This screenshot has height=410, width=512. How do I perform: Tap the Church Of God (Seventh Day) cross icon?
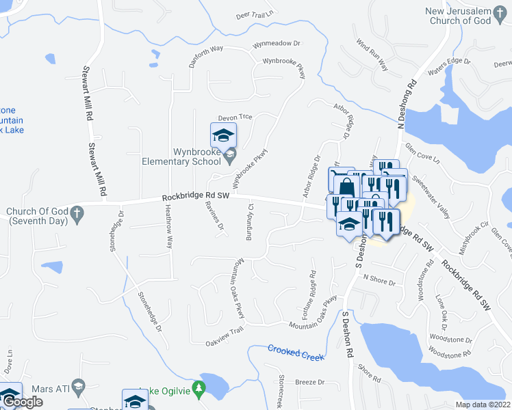pyautogui.click(x=79, y=212)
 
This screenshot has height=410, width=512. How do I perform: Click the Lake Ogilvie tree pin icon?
pyautogui.click(x=199, y=389)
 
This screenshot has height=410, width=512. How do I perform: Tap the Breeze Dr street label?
pyautogui.click(x=308, y=382)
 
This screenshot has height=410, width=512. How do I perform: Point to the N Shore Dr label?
pyautogui.click(x=381, y=278)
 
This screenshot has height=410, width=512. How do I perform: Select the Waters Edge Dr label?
pyautogui.click(x=450, y=65)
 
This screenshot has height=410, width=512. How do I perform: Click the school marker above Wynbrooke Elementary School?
pyautogui.click(x=223, y=135)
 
